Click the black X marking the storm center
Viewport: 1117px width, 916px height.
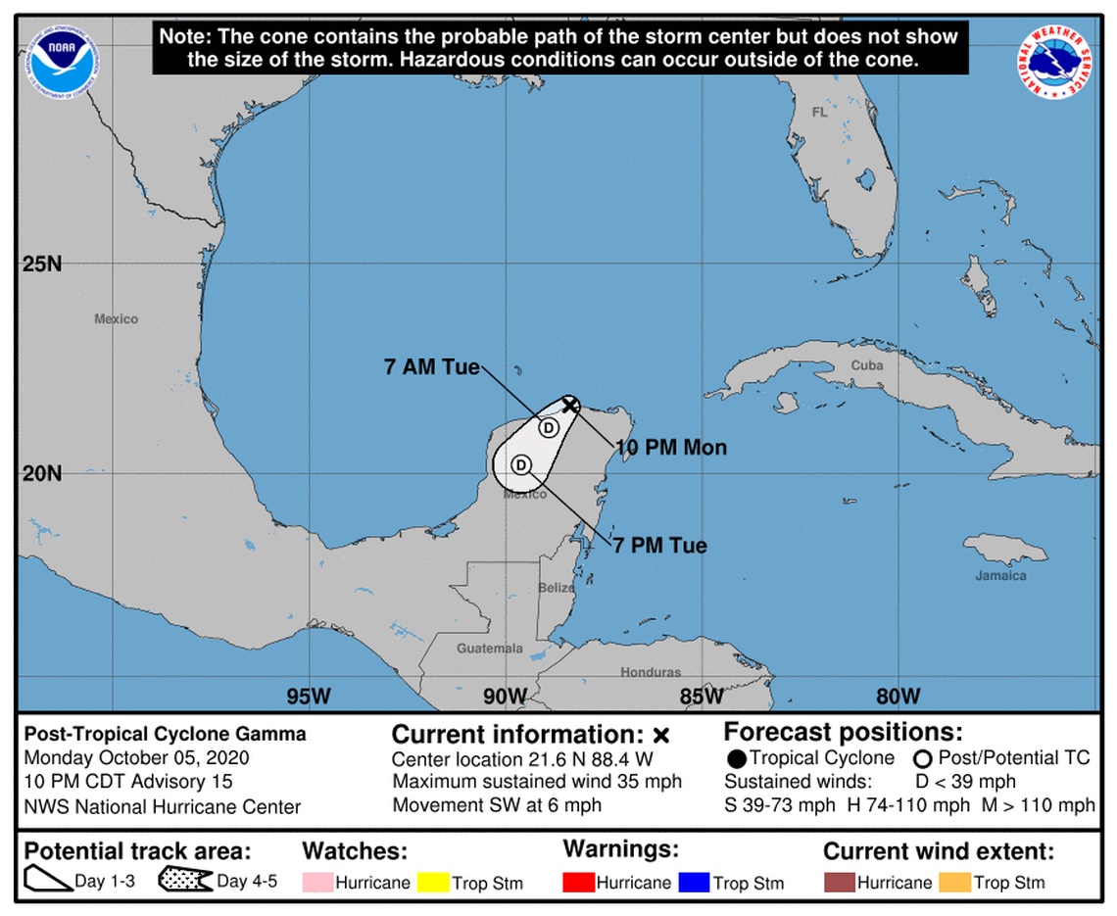click(x=570, y=405)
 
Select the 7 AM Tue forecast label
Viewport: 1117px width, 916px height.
click(x=431, y=368)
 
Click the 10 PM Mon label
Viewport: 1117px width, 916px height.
click(x=671, y=448)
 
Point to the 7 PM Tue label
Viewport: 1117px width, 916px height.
click(x=660, y=545)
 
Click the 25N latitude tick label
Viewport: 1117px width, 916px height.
click(x=42, y=265)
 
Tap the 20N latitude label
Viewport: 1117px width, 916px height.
click(x=42, y=473)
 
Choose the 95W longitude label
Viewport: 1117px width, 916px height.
click(x=309, y=696)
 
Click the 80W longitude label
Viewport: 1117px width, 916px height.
click(x=898, y=696)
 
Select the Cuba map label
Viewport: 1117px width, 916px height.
click(x=866, y=365)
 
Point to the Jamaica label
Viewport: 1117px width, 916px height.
click(x=1000, y=575)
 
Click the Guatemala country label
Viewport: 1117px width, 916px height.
click(x=489, y=649)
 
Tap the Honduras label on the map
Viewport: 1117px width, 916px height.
click(x=650, y=672)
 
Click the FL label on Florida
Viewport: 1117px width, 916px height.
click(x=819, y=113)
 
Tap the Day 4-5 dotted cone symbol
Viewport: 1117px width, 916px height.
click(x=185, y=881)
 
